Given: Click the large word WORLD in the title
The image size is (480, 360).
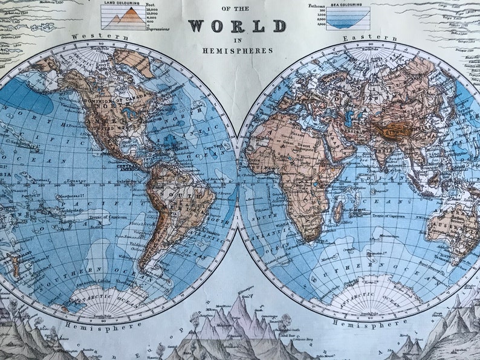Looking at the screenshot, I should point(237,26).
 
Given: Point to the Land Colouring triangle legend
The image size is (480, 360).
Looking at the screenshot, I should point(125,19).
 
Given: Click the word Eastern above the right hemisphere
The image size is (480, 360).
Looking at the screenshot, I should point(362,37).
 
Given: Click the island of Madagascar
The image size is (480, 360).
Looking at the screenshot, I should point(339,211).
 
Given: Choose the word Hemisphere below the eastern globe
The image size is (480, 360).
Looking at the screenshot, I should point(362,324).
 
